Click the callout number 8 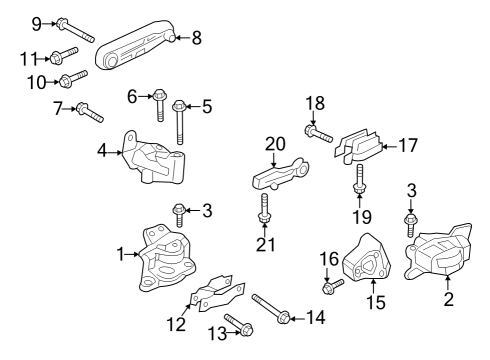coord(196,38)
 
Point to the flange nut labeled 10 coord(67,80)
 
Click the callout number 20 coord(274,144)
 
